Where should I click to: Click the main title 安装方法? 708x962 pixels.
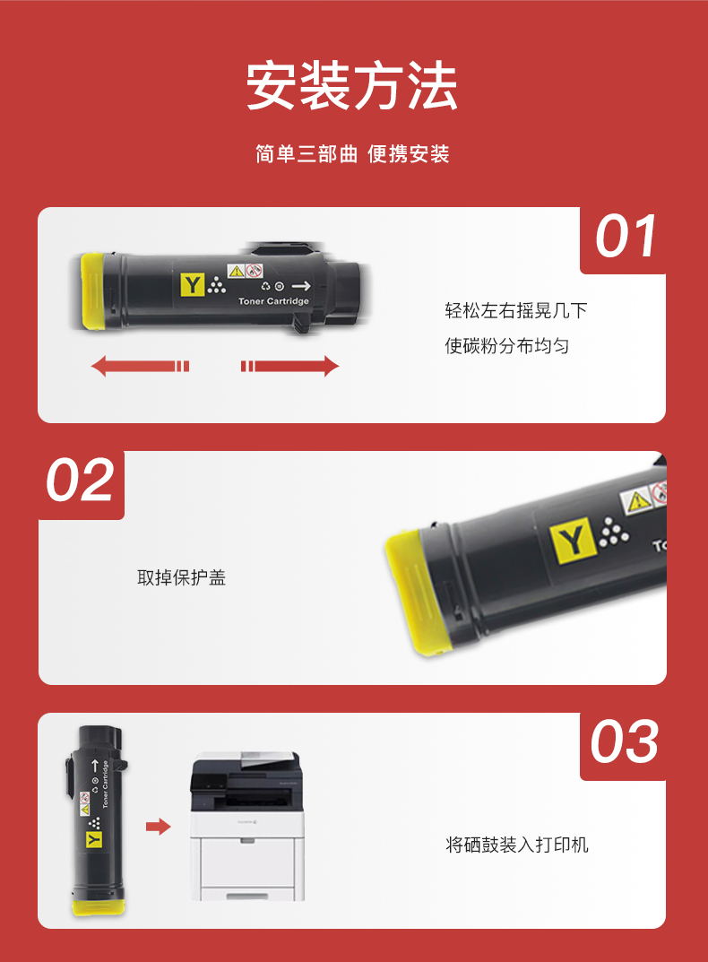pos(351,85)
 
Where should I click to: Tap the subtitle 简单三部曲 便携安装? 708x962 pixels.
pos(353,154)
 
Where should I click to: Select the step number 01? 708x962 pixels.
pos(626,237)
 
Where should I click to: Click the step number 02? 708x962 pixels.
pos(80,480)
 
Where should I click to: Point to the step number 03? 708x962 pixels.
pos(625,741)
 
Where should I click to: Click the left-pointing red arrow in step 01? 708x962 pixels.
pos(140,367)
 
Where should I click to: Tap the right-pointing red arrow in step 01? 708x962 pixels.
pos(289,367)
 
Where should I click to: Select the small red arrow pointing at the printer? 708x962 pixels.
pos(159,827)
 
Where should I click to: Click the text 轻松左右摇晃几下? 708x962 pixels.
pos(516,310)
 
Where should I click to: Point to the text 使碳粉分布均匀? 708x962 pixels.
pos(507,346)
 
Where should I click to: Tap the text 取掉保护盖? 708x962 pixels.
pos(182,577)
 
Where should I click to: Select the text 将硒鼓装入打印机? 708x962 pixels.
pos(517,845)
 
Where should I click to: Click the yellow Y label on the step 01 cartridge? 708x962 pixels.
pos(192,285)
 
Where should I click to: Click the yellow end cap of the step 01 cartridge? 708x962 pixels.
pos(92,291)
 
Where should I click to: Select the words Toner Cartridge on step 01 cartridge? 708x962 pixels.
pos(273,301)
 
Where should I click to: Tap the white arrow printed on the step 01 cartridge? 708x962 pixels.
pos(301,286)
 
